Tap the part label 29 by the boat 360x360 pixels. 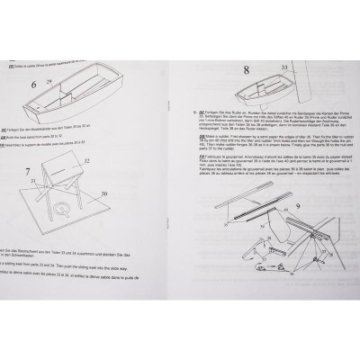point(50,80)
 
